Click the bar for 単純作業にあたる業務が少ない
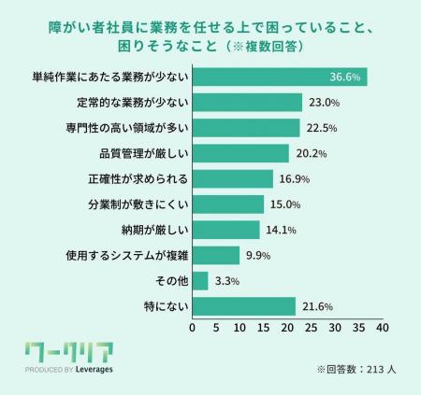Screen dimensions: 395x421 coord(279,77)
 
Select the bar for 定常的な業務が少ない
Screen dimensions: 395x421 coord(247,103)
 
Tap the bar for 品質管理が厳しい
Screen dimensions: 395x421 coord(240,153)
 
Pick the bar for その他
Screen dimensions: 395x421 coord(200,280)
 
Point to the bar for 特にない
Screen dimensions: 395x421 coord(243,305)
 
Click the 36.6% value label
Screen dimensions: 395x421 coord(345,77)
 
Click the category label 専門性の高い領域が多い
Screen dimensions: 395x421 coord(128,128)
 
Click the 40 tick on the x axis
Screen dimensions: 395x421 coord(382,329)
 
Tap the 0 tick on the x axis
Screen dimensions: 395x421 coord(193,329)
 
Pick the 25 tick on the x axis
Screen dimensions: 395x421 coord(311,329)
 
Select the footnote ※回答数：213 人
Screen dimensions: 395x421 coord(357,369)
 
